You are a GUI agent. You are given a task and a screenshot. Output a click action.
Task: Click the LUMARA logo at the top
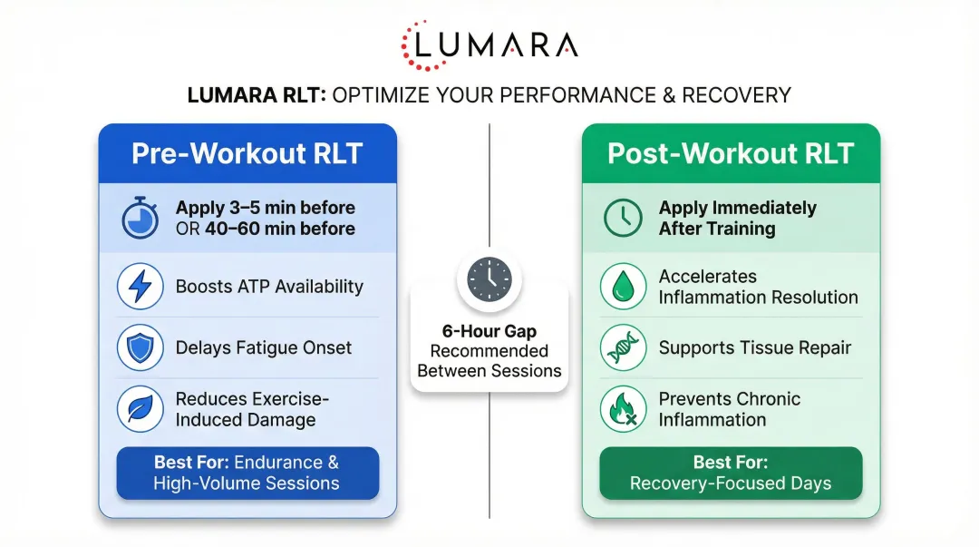489,44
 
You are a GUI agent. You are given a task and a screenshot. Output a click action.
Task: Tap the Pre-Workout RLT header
247,153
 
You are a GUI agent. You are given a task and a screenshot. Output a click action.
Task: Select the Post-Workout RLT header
731,153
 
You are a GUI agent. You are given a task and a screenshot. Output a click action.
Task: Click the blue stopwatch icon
141,219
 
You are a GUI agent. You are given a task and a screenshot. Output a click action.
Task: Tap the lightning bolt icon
141,287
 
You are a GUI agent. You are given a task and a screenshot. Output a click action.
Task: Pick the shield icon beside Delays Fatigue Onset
141,347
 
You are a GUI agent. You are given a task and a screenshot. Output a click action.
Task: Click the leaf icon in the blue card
141,409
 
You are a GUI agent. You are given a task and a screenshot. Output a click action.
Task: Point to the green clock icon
623,219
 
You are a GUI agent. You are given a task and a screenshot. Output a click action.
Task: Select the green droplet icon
623,287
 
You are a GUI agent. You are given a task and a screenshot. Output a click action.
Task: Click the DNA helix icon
623,347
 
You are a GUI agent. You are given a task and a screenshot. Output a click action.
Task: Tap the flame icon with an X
623,409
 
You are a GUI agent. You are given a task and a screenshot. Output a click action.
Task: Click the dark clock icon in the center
489,279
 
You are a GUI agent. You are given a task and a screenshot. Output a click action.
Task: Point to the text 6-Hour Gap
489,331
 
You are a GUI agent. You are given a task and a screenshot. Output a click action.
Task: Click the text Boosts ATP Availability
269,287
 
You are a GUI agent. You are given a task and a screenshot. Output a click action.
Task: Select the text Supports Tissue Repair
755,347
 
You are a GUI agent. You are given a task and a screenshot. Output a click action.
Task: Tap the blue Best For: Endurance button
247,473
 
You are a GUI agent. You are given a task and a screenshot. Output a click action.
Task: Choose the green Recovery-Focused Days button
731,473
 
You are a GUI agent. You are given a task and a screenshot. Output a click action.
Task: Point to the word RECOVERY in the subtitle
736,95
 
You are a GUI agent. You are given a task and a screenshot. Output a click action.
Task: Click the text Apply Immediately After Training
737,219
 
